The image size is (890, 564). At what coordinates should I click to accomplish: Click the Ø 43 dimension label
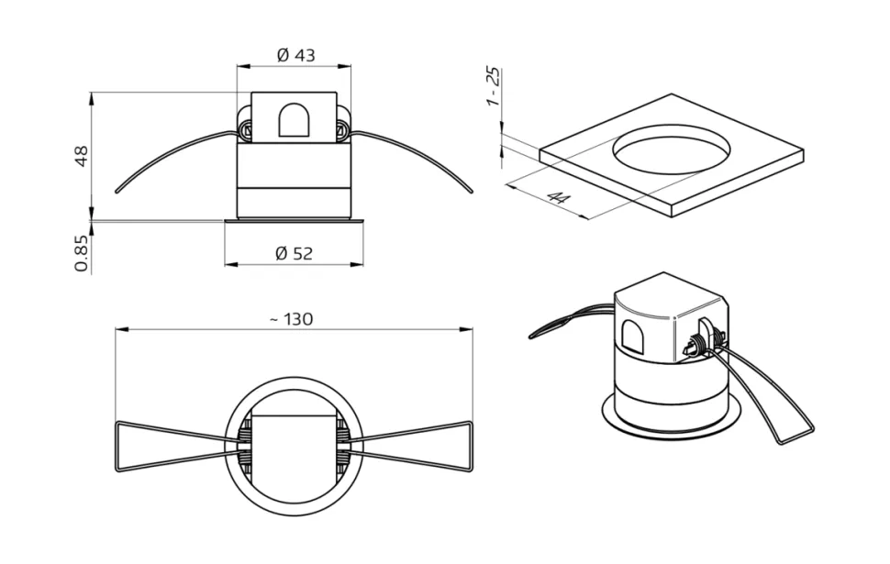click(x=295, y=55)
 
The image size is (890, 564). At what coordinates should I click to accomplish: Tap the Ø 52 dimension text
click(x=294, y=253)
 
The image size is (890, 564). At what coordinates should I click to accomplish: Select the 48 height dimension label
click(x=81, y=156)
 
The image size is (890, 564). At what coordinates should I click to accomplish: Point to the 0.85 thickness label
click(x=81, y=253)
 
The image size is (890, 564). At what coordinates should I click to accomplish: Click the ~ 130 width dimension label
click(x=291, y=319)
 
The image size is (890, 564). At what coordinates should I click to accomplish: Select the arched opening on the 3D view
click(x=633, y=337)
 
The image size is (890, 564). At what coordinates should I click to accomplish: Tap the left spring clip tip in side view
click(x=118, y=192)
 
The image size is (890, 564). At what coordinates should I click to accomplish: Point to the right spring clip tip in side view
click(x=470, y=192)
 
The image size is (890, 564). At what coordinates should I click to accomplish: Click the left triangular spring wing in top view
click(x=170, y=446)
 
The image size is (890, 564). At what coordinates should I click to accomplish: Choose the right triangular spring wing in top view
click(x=417, y=446)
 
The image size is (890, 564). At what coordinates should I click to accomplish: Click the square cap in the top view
click(x=294, y=447)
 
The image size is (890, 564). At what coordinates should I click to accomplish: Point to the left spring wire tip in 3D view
click(x=533, y=337)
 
